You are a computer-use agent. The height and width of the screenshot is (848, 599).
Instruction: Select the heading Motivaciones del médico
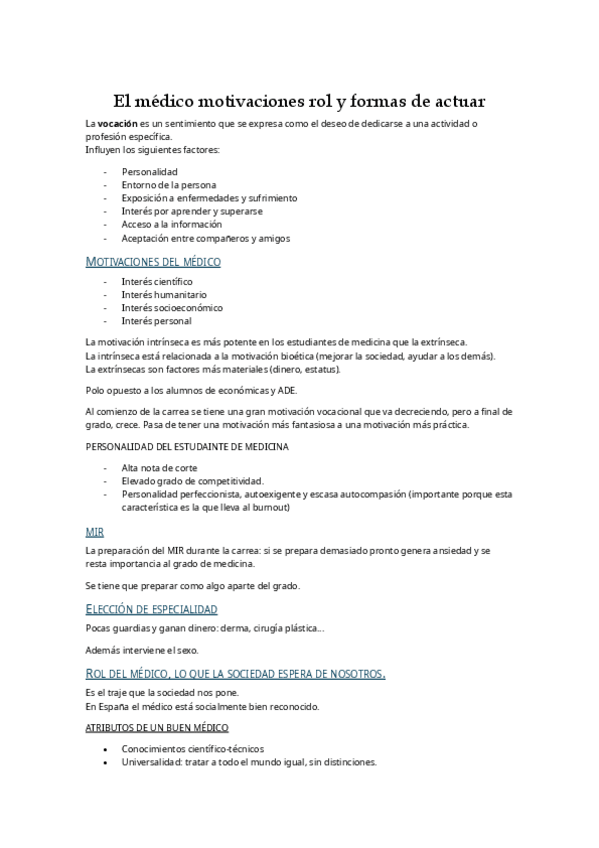point(153,262)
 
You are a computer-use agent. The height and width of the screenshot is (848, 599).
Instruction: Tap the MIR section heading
point(94,533)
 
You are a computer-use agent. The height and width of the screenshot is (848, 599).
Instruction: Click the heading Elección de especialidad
point(152,608)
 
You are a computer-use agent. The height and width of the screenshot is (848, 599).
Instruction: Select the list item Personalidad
point(150,172)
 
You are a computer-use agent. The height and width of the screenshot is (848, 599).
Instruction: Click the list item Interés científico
point(157,282)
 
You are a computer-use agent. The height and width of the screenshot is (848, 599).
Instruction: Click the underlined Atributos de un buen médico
point(157,727)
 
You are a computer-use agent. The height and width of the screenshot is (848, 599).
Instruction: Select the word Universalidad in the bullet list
point(154,761)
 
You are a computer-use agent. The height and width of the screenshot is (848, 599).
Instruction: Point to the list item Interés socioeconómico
point(172,308)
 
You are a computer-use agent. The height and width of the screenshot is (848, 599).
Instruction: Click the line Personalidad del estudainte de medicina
point(187,446)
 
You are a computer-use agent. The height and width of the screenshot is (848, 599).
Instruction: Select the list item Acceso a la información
point(171,225)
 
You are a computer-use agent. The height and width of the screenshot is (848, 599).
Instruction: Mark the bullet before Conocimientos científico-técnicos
point(105,748)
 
